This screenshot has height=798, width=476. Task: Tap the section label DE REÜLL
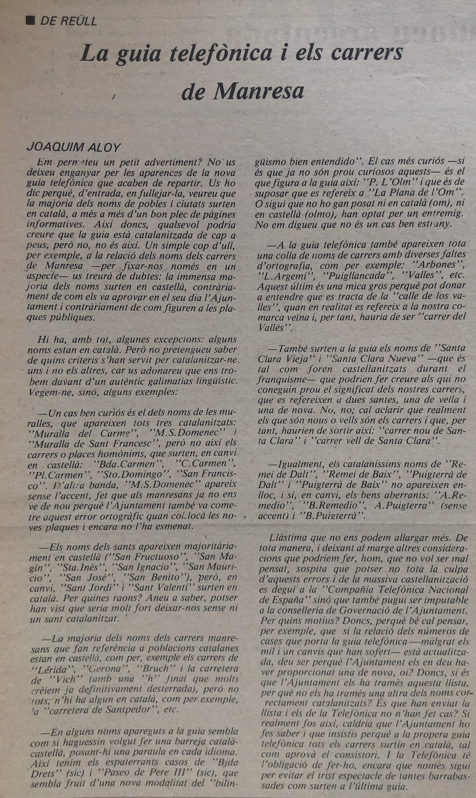coord(68,21)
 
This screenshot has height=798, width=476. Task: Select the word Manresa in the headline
coord(259,92)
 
